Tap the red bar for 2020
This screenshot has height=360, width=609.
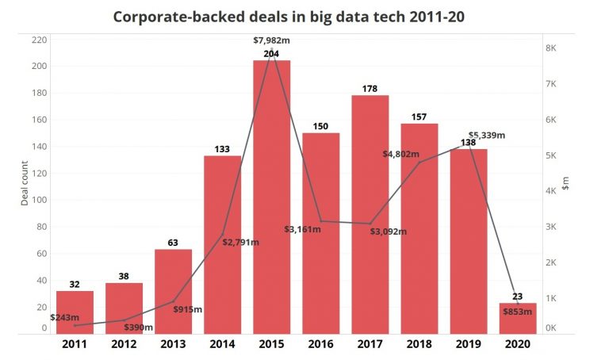(517, 318)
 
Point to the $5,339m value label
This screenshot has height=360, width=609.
(486, 136)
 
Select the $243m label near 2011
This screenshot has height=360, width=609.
(70, 318)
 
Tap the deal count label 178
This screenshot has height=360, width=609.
(370, 87)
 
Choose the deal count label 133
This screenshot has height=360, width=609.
(222, 148)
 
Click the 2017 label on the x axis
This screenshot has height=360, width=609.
(370, 345)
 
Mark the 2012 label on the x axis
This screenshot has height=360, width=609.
(124, 345)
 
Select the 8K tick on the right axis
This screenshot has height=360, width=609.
(551, 48)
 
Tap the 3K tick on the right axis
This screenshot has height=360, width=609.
(551, 227)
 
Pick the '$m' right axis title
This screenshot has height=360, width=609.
(565, 184)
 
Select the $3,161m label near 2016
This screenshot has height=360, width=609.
(302, 229)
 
